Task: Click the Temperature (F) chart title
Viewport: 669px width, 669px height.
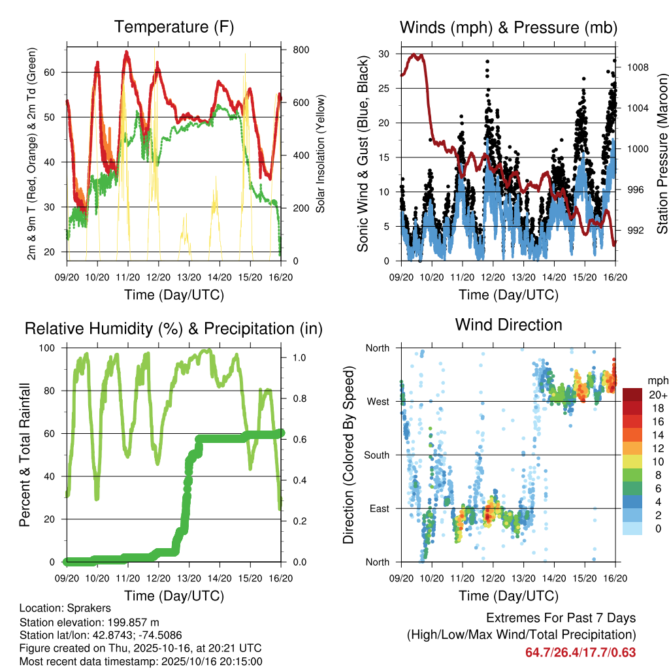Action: [174, 27]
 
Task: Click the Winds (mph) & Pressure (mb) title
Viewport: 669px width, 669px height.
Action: [509, 27]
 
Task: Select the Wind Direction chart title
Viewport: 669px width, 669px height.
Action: [508, 325]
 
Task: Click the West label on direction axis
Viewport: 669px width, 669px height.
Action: [378, 401]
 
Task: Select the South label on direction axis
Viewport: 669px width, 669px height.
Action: [376, 455]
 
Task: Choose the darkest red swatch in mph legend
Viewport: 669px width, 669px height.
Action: [633, 395]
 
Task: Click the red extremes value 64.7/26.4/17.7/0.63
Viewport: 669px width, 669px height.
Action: [581, 652]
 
